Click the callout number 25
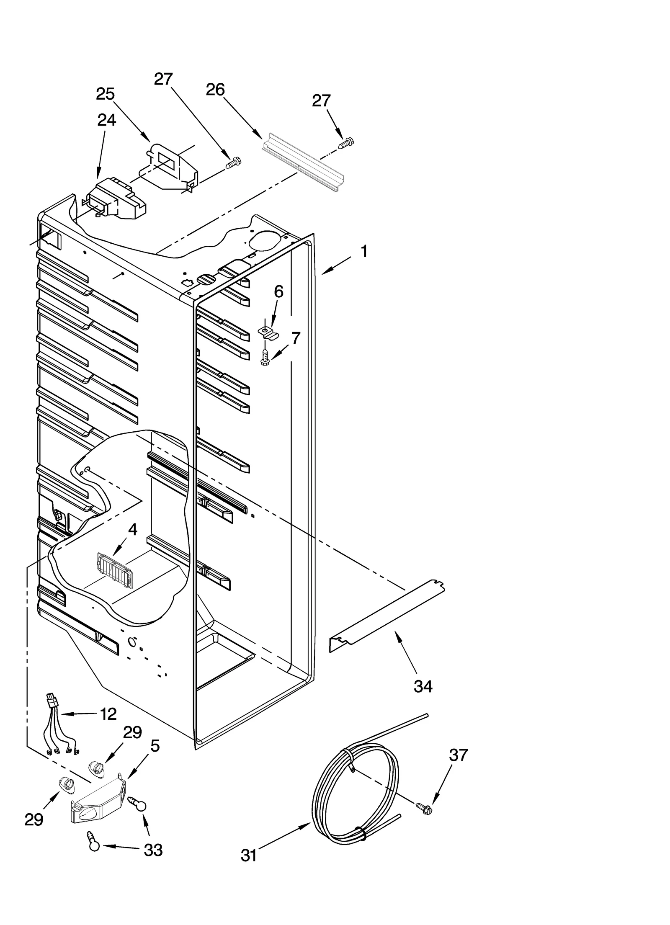click(x=105, y=94)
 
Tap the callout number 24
click(x=106, y=121)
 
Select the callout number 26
click(x=215, y=90)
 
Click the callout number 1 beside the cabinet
click(x=364, y=252)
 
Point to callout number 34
click(x=423, y=686)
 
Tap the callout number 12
click(x=108, y=714)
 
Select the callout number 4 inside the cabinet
click(x=132, y=530)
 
